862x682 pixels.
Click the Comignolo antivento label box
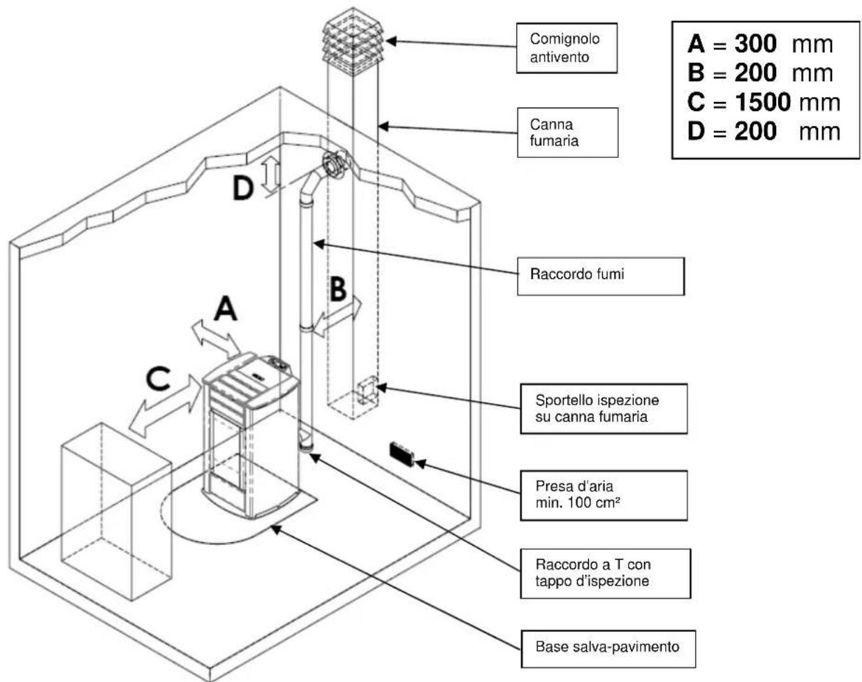(567, 48)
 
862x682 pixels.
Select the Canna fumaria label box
(567, 132)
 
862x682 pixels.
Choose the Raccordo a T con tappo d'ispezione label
(604, 572)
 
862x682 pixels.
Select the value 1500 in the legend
(758, 103)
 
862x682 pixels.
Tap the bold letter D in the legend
(697, 131)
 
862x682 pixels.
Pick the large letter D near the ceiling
(243, 188)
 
